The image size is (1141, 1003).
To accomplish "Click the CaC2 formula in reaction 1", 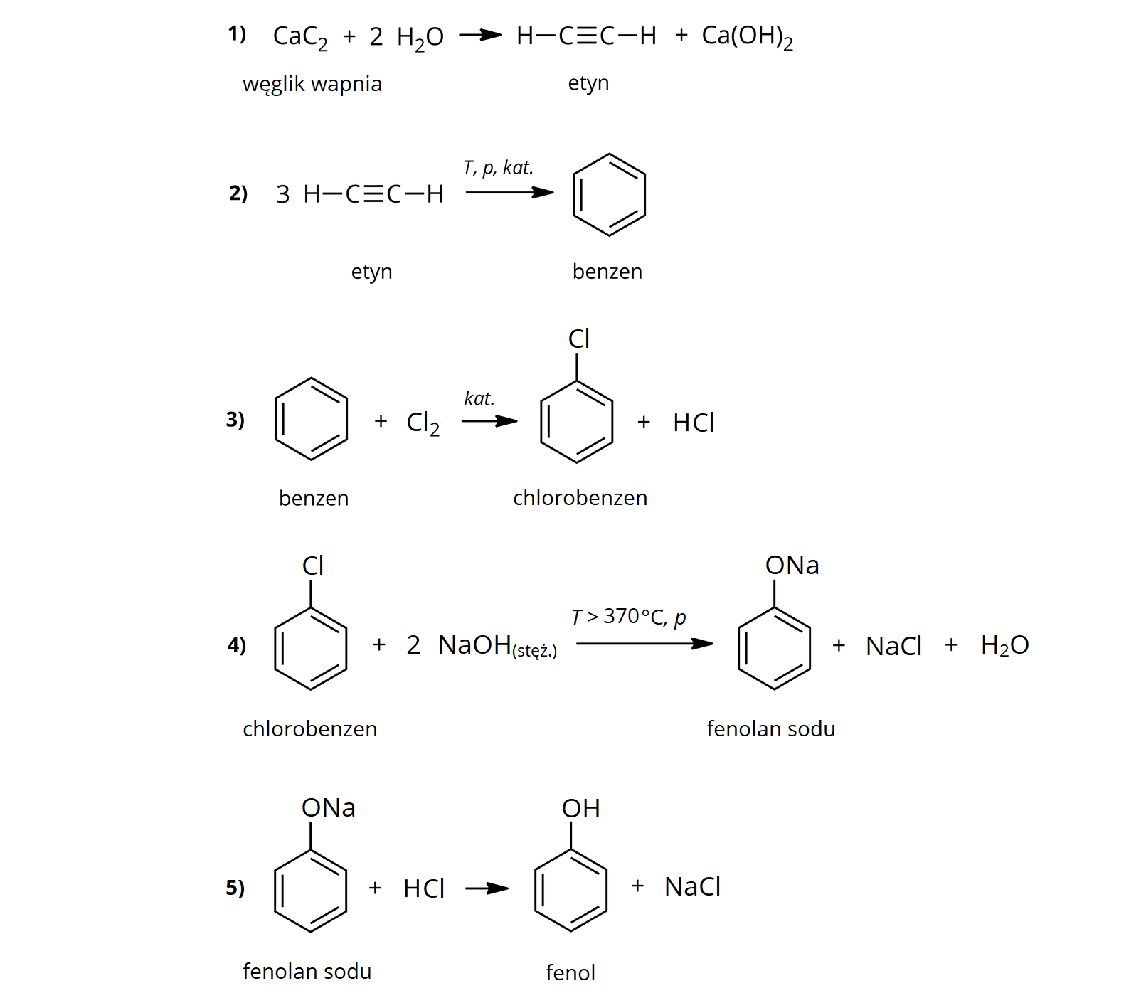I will pyautogui.click(x=300, y=37).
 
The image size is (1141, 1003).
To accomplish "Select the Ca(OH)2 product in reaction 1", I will pyautogui.click(x=747, y=37).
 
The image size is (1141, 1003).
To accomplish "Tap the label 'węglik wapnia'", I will pyautogui.click(x=312, y=85).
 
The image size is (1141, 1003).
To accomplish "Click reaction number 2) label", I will pyautogui.click(x=238, y=193).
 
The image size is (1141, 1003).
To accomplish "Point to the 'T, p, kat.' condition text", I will pyautogui.click(x=498, y=168).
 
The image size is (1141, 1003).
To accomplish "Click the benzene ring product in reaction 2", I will pyautogui.click(x=609, y=194).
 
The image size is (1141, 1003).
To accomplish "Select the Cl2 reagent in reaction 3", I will pyautogui.click(x=423, y=423).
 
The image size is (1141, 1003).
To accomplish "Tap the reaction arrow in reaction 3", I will pyautogui.click(x=489, y=421).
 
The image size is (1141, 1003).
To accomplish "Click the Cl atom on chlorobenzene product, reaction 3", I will pyautogui.click(x=579, y=339).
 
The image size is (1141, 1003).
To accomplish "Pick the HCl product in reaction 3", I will pyautogui.click(x=694, y=423).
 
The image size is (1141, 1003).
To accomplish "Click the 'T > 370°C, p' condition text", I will pyautogui.click(x=629, y=617).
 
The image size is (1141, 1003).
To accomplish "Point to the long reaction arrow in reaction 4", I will pyautogui.click(x=644, y=644).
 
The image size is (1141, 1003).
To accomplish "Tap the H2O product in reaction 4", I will pyautogui.click(x=1004, y=646).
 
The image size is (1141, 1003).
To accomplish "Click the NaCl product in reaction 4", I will pyautogui.click(x=893, y=647).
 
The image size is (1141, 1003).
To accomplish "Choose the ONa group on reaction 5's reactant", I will pyautogui.click(x=328, y=808).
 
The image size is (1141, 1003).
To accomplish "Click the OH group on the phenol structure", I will pyautogui.click(x=580, y=809).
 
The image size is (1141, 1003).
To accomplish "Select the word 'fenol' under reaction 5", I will pyautogui.click(x=570, y=972).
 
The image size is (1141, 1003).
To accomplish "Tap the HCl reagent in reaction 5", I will pyautogui.click(x=424, y=888).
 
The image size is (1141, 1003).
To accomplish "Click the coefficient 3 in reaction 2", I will pyautogui.click(x=283, y=194).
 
